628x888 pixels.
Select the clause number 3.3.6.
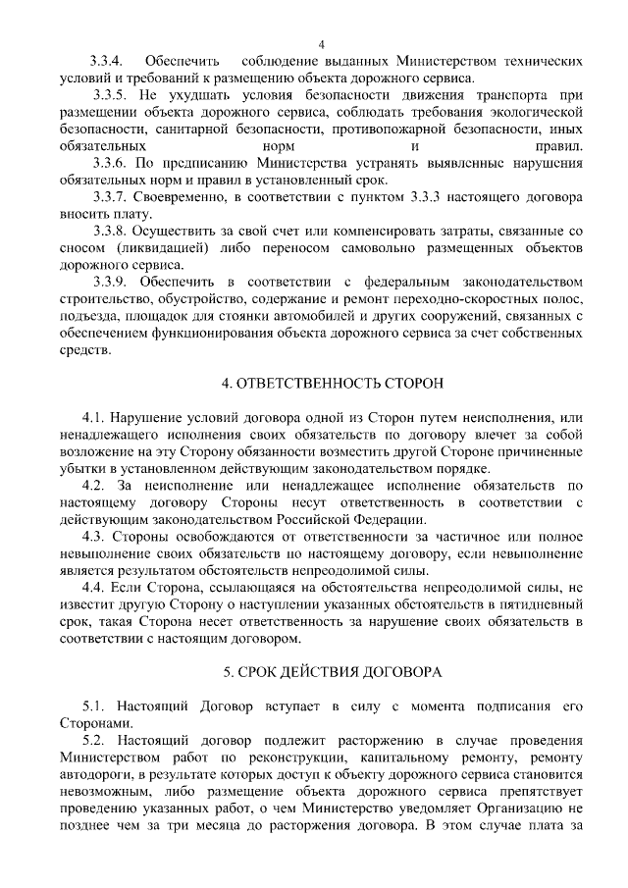click(x=110, y=163)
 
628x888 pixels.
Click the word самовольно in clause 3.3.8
click(x=399, y=248)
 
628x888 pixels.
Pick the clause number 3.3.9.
click(x=110, y=283)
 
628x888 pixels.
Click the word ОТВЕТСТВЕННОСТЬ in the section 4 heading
click(x=302, y=379)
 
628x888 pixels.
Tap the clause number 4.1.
click(x=96, y=418)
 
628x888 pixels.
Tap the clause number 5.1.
click(x=96, y=705)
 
